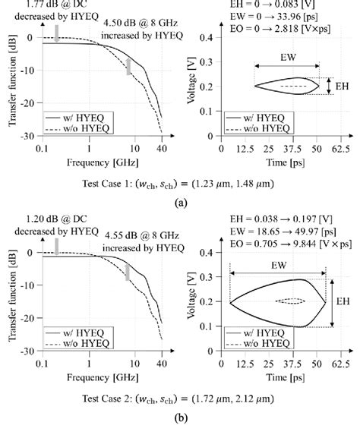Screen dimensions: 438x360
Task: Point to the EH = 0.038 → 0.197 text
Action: point(273,219)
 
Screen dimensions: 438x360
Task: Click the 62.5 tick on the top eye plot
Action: point(343,149)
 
